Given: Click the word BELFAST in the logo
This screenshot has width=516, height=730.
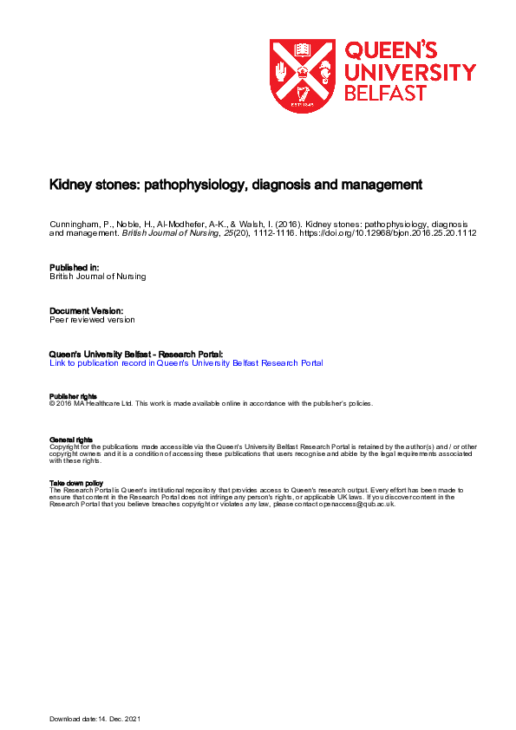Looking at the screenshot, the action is click(386, 95).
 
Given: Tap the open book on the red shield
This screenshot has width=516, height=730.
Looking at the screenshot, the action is click(303, 49).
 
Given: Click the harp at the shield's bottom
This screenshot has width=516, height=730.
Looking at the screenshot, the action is click(303, 94).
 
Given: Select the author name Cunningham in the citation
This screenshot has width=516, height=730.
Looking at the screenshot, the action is click(72, 224).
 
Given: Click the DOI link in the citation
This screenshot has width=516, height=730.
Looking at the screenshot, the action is click(389, 233).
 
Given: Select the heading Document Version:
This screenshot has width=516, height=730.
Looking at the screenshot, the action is click(86, 310).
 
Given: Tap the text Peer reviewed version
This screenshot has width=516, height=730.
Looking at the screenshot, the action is click(92, 319).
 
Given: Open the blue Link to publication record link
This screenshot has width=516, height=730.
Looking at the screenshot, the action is click(186, 363).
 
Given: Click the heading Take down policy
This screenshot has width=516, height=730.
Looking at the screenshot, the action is click(76, 483).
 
